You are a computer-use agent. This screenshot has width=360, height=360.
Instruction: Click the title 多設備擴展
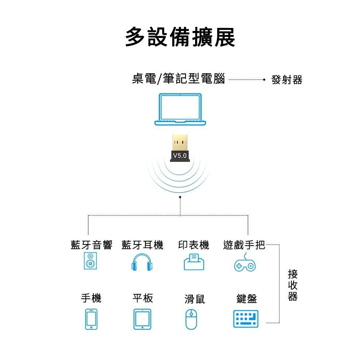180,37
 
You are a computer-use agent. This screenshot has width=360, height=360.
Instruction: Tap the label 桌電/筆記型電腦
178,79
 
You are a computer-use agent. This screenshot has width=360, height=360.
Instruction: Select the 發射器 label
287,79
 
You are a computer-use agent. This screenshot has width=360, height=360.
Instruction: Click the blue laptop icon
180,109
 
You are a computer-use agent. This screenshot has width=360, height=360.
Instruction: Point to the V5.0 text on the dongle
180,156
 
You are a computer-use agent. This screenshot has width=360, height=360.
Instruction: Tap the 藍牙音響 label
91,245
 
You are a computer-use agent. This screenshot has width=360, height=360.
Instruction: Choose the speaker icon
90,261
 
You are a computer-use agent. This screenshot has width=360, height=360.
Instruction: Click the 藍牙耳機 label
142,245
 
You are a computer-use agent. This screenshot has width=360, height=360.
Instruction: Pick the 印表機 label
194,245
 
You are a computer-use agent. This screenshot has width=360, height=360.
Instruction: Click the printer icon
194,262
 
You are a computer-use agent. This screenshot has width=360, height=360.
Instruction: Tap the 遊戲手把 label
244,245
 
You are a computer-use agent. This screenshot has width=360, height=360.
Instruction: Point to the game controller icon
245,264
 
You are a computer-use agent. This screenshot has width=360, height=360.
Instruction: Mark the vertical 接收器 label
292,285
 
